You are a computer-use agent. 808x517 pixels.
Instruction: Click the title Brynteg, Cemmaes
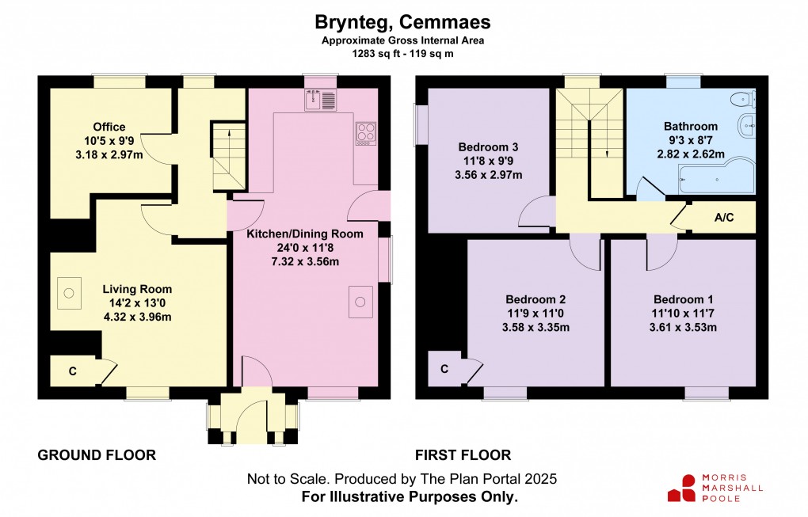coord(403,21)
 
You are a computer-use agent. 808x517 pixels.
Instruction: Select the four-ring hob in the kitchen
coord(366,133)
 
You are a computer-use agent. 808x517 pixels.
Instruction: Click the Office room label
coord(109,127)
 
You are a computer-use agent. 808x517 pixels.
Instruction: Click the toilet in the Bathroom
coord(743,99)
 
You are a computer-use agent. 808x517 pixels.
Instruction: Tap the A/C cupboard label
coord(723,218)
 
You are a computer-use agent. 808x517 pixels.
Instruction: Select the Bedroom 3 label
coord(489,146)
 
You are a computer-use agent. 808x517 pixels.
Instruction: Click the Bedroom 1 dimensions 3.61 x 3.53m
coord(683,327)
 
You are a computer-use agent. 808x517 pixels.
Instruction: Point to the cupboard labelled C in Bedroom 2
coord(444,369)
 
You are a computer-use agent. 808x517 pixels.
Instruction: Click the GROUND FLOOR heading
coord(97,455)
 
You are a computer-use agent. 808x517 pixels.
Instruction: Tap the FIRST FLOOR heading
coord(463,455)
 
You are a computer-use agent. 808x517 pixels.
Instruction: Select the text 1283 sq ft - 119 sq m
coord(403,54)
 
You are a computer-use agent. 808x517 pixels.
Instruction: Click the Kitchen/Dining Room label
coord(305,234)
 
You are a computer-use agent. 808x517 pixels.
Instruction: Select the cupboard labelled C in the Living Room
coord(73,371)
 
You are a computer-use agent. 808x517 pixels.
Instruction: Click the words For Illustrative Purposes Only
coord(410,496)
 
